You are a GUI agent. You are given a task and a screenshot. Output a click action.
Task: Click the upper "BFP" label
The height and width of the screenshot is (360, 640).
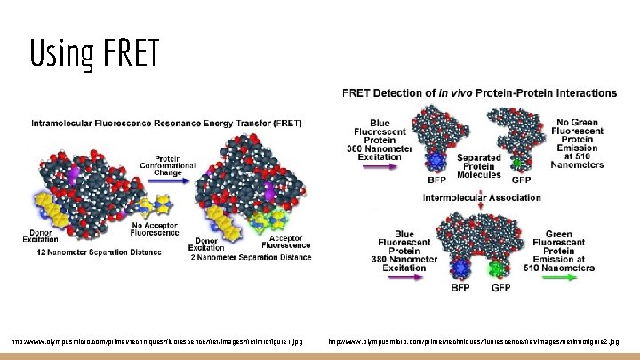460,179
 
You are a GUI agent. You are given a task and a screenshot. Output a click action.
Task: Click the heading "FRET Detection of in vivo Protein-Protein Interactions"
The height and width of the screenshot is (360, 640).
479,92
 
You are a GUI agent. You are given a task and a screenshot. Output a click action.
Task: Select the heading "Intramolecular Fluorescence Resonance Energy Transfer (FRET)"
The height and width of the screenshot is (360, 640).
165,122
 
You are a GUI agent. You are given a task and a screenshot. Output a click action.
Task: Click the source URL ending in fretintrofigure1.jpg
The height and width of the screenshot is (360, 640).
163,340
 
